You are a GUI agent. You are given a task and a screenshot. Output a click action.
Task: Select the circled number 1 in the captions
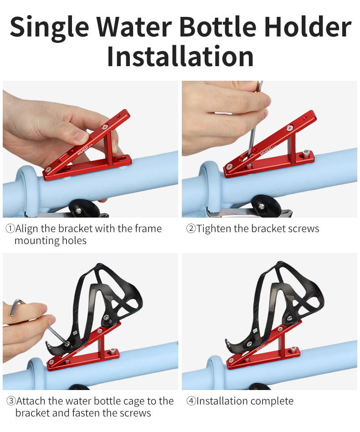10,229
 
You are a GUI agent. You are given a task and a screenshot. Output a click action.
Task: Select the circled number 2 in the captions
191,229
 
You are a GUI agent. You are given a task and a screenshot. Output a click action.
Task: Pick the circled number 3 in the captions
10,401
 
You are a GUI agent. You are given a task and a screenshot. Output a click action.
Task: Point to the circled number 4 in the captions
191,401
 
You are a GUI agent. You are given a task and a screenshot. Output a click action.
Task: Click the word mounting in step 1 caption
35,241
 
